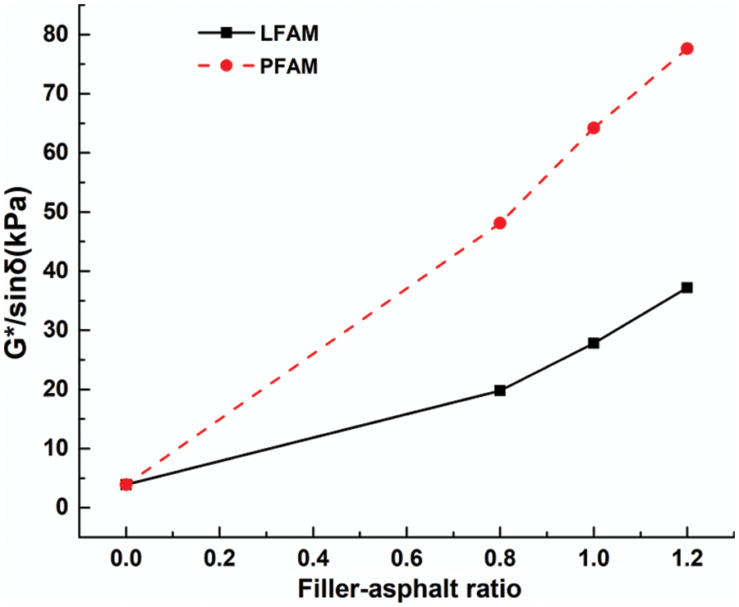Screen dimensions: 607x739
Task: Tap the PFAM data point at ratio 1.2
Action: [687, 48]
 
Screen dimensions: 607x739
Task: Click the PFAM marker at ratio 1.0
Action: [594, 128]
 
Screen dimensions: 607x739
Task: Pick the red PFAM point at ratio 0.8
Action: [499, 223]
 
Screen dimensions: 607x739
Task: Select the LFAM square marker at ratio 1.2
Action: [687, 288]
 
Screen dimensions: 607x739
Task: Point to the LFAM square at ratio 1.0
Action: [594, 343]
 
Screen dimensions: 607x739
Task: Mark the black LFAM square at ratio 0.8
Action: [499, 390]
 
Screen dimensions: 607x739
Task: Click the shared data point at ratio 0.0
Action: [126, 484]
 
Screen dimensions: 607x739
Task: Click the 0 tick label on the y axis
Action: [62, 508]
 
